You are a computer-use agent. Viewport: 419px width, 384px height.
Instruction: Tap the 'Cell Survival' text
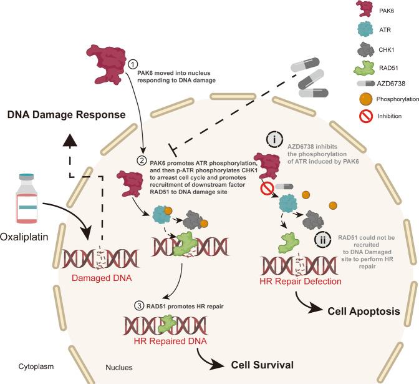[262, 364]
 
